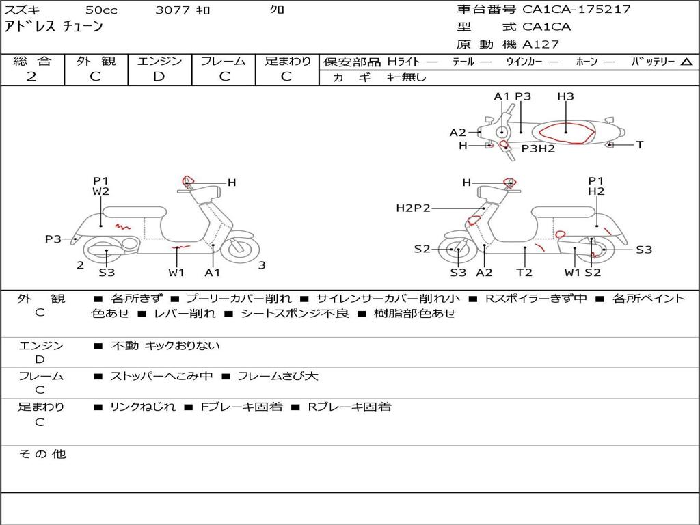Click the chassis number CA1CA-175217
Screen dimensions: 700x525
576,10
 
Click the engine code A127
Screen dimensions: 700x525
541,44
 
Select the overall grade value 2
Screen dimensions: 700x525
31,77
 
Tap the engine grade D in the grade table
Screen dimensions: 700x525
159,77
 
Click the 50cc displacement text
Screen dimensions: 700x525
100,10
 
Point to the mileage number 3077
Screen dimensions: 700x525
172,10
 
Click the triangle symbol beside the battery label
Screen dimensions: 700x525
686,62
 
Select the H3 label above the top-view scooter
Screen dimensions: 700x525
565,96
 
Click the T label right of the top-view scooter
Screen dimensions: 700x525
640,145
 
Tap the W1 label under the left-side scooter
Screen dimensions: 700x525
176,273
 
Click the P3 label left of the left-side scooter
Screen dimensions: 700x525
53,239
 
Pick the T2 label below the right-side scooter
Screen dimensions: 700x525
524,273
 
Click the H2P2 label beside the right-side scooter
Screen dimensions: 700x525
413,208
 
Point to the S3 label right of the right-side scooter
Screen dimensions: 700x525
644,250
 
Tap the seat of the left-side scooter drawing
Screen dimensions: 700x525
134,211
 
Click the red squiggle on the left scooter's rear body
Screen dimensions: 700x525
122,225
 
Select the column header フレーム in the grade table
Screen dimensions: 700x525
224,62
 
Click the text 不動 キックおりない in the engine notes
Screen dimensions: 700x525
165,346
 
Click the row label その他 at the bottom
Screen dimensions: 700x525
42,454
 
